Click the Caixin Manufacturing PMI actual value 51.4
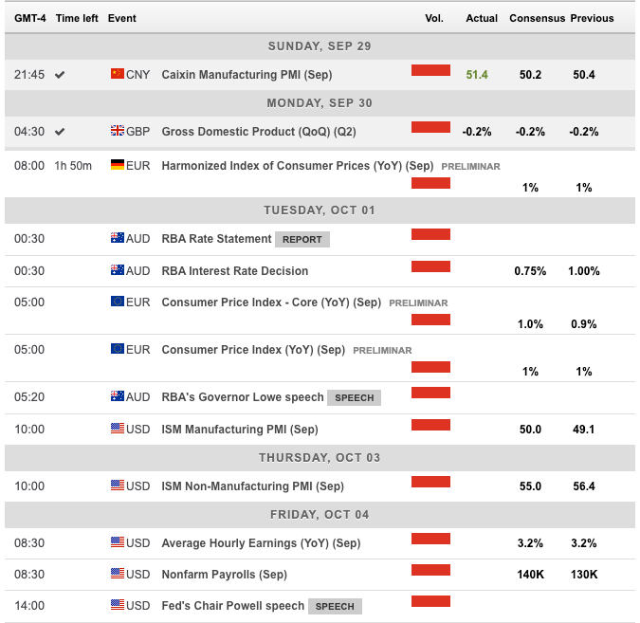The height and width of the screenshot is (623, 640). coord(476,75)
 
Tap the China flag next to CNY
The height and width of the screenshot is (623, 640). coord(118,74)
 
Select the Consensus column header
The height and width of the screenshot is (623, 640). coord(538,18)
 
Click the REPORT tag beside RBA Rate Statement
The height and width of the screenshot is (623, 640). coord(302,239)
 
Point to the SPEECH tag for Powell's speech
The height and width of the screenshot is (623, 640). coord(335,606)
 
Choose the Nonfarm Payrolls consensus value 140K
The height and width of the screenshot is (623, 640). coord(530,575)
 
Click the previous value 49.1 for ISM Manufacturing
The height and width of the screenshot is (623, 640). coord(584,430)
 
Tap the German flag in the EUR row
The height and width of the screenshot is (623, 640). coord(118,165)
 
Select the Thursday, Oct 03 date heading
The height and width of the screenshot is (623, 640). coord(320,458)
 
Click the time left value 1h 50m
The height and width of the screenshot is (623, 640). coord(74,166)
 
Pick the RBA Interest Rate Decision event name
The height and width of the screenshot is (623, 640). coord(235,271)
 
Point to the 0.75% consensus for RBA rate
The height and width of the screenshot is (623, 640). coord(530,271)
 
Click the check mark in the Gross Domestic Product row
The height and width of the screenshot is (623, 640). coord(60,132)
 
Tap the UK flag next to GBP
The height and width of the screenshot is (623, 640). coord(118,132)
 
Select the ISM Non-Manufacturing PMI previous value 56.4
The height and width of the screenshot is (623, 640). coord(584,486)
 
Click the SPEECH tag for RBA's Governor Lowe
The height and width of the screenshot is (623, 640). coord(354,397)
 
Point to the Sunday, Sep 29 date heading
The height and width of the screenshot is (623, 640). coord(320,46)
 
